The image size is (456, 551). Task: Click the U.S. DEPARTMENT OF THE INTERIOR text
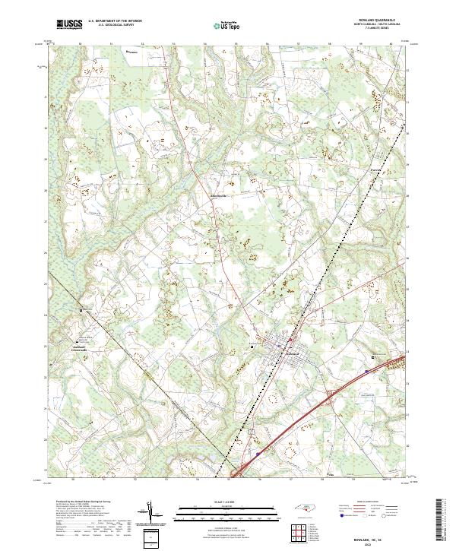[x=115, y=21]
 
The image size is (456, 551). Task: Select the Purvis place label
[x=374, y=169]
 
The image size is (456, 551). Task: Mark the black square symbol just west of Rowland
[x=252, y=347]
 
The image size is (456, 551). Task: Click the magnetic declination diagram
[x=155, y=518]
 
